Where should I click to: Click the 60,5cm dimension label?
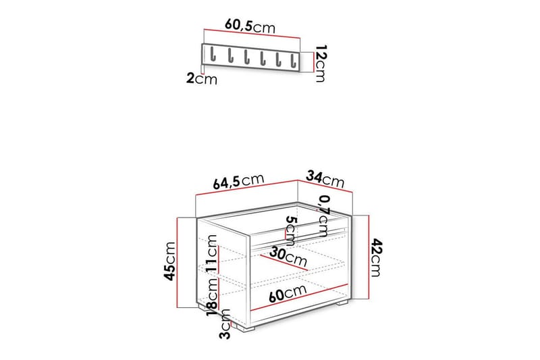(x=250, y=26)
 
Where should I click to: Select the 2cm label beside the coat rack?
(x=202, y=78)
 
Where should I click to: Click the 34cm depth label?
(x=325, y=179)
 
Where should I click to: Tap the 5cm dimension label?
(x=290, y=232)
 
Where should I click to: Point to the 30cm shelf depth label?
(x=288, y=257)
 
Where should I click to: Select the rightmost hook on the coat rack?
(x=296, y=59)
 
